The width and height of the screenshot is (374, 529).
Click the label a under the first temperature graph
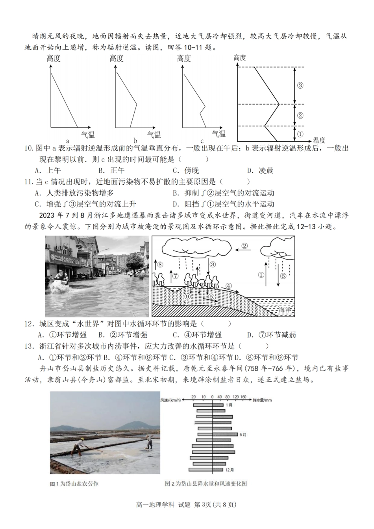[x=67, y=141]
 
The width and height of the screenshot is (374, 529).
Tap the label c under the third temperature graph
[x=202, y=141]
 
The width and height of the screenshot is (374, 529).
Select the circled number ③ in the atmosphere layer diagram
[x=300, y=85]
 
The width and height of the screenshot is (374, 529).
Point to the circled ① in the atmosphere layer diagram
[x=300, y=134]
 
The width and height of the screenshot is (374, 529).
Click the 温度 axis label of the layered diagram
[x=319, y=140]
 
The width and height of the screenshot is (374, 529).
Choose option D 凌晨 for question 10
[x=260, y=170]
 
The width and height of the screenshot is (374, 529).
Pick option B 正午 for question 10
[x=111, y=170]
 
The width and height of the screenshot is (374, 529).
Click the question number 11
[x=28, y=182]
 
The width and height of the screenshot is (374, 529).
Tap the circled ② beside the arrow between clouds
[x=244, y=246]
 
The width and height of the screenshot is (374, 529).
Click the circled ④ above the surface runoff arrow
[x=228, y=286]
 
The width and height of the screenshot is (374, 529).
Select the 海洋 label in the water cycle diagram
[x=284, y=310]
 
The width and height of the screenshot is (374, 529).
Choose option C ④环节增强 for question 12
[x=197, y=335]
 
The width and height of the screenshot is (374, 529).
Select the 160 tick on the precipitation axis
[x=243, y=397]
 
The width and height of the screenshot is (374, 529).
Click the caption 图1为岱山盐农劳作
[x=74, y=484]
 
